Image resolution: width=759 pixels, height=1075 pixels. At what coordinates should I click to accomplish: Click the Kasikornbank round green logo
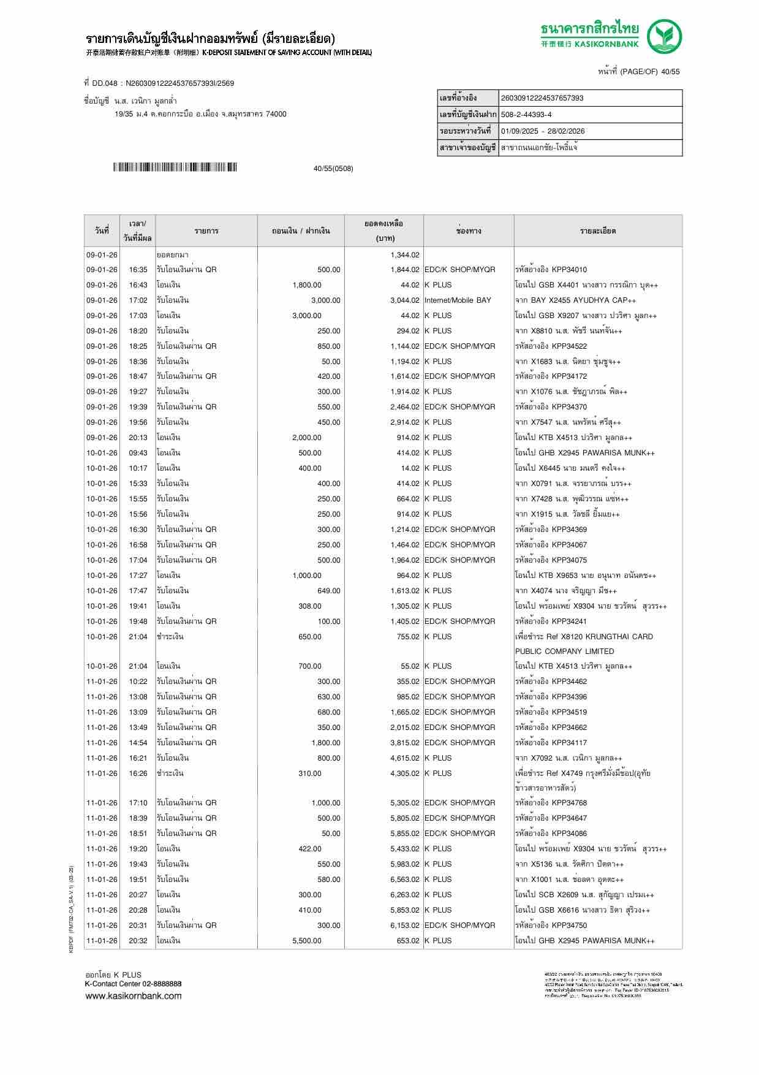pos(665,36)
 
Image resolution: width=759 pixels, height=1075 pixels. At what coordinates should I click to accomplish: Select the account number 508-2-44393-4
pos(526,115)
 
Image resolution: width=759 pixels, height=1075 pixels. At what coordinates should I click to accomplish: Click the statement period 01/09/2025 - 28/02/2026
pos(543,131)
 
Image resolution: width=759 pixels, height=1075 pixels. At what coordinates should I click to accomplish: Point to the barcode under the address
pos(175,167)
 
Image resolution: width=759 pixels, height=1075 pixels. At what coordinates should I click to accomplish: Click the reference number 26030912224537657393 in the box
pos(542,98)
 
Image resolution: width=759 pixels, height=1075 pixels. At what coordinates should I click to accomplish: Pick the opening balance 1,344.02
pos(405,255)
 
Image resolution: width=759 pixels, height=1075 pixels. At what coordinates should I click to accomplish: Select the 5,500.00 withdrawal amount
pos(306,941)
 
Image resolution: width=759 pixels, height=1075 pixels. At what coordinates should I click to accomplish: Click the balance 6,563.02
pos(405,879)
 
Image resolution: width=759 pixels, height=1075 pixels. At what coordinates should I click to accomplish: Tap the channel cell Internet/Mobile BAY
pos(458,300)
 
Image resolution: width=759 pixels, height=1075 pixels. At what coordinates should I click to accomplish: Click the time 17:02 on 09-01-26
pos(138,300)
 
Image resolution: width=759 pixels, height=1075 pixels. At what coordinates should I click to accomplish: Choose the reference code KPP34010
pos(569,270)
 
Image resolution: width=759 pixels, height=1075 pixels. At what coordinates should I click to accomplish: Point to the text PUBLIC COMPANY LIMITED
pos(564,651)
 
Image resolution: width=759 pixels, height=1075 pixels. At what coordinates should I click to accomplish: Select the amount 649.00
pos(329,591)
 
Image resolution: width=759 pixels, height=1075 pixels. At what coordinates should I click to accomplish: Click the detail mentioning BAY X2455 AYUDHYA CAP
pos(575,300)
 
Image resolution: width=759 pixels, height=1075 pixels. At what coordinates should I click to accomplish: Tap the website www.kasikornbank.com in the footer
pos(134,996)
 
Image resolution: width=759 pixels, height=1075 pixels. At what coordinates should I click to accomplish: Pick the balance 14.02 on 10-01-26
pos(410,468)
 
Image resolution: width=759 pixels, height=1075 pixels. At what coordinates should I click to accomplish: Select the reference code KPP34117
pos(569,743)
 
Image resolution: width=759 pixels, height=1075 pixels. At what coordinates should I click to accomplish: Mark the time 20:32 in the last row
pos(138,941)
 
